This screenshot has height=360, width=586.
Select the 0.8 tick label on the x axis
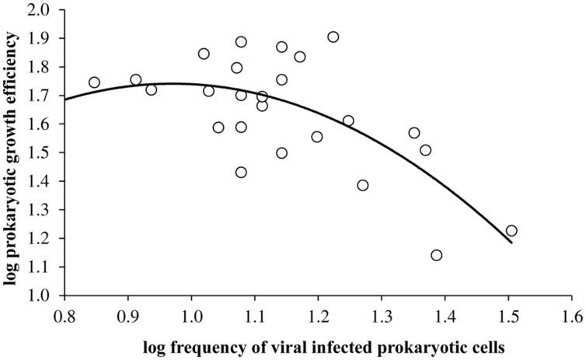coord(65,316)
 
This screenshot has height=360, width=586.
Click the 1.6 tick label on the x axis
coord(573,316)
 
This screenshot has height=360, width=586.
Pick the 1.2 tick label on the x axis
coord(319,316)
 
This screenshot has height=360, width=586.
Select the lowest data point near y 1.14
coord(436,255)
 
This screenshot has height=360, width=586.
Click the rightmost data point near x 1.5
coord(511,231)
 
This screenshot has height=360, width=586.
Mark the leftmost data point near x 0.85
coord(94,82)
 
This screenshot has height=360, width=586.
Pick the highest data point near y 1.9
coord(333,37)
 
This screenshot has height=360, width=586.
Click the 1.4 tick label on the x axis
coord(445,316)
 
